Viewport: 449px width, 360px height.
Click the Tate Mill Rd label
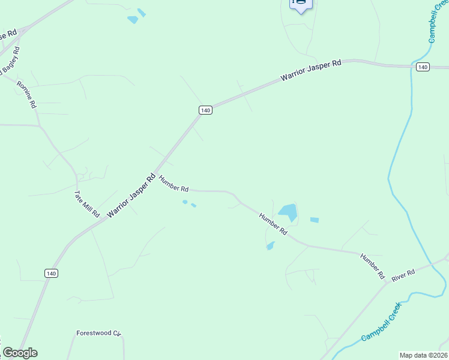pyautogui.click(x=86, y=204)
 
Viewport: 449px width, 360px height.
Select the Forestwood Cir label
pyautogui.click(x=99, y=333)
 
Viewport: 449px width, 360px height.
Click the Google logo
pyautogui.click(x=20, y=353)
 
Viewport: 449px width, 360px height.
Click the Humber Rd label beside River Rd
pyautogui.click(x=372, y=266)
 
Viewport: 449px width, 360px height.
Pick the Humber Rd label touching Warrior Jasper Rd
pyautogui.click(x=174, y=183)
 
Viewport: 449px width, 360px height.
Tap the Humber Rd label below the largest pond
pyautogui.click(x=273, y=223)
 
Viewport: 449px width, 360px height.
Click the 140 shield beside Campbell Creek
pyautogui.click(x=423, y=67)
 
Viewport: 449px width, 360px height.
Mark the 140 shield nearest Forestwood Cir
pyautogui.click(x=51, y=273)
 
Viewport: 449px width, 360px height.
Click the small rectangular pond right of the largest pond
pyautogui.click(x=315, y=220)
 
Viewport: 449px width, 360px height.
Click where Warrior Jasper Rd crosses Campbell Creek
pyautogui.click(x=412, y=65)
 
